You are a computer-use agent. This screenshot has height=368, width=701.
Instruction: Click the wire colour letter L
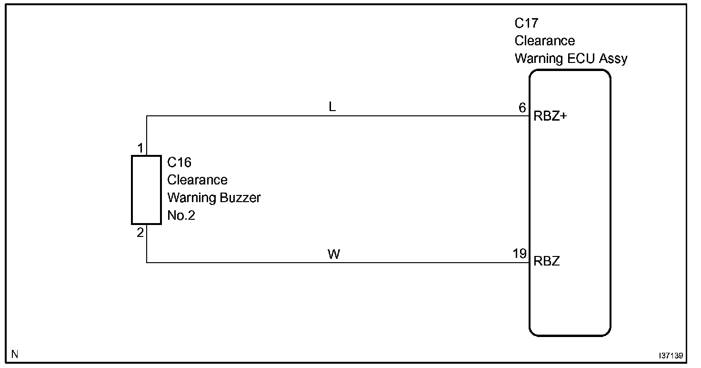[x=332, y=107]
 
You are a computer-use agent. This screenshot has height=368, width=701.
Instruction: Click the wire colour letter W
[x=334, y=255]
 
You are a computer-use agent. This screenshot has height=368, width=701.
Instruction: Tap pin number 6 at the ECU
[x=522, y=108]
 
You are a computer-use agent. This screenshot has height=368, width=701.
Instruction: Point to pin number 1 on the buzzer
[x=140, y=149]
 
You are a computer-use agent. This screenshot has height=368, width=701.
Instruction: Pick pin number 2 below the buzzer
[x=140, y=233]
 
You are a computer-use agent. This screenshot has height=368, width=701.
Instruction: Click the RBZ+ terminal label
[x=551, y=117]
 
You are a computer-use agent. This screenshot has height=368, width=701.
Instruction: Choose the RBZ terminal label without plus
[x=547, y=261]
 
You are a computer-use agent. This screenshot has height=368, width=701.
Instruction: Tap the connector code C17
[x=526, y=23]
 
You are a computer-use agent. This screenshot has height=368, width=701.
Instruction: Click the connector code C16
[x=180, y=163]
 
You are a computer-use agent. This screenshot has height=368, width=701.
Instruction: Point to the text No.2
[x=181, y=215]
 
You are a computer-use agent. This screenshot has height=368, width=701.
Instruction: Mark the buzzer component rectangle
[x=146, y=190]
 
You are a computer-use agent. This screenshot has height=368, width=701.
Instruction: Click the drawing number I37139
[x=671, y=356]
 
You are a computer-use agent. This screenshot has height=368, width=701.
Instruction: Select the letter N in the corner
[x=15, y=354]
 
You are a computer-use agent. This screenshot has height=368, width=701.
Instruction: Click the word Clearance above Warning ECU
[x=545, y=41]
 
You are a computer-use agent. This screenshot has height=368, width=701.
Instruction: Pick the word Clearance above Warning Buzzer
[x=197, y=180]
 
